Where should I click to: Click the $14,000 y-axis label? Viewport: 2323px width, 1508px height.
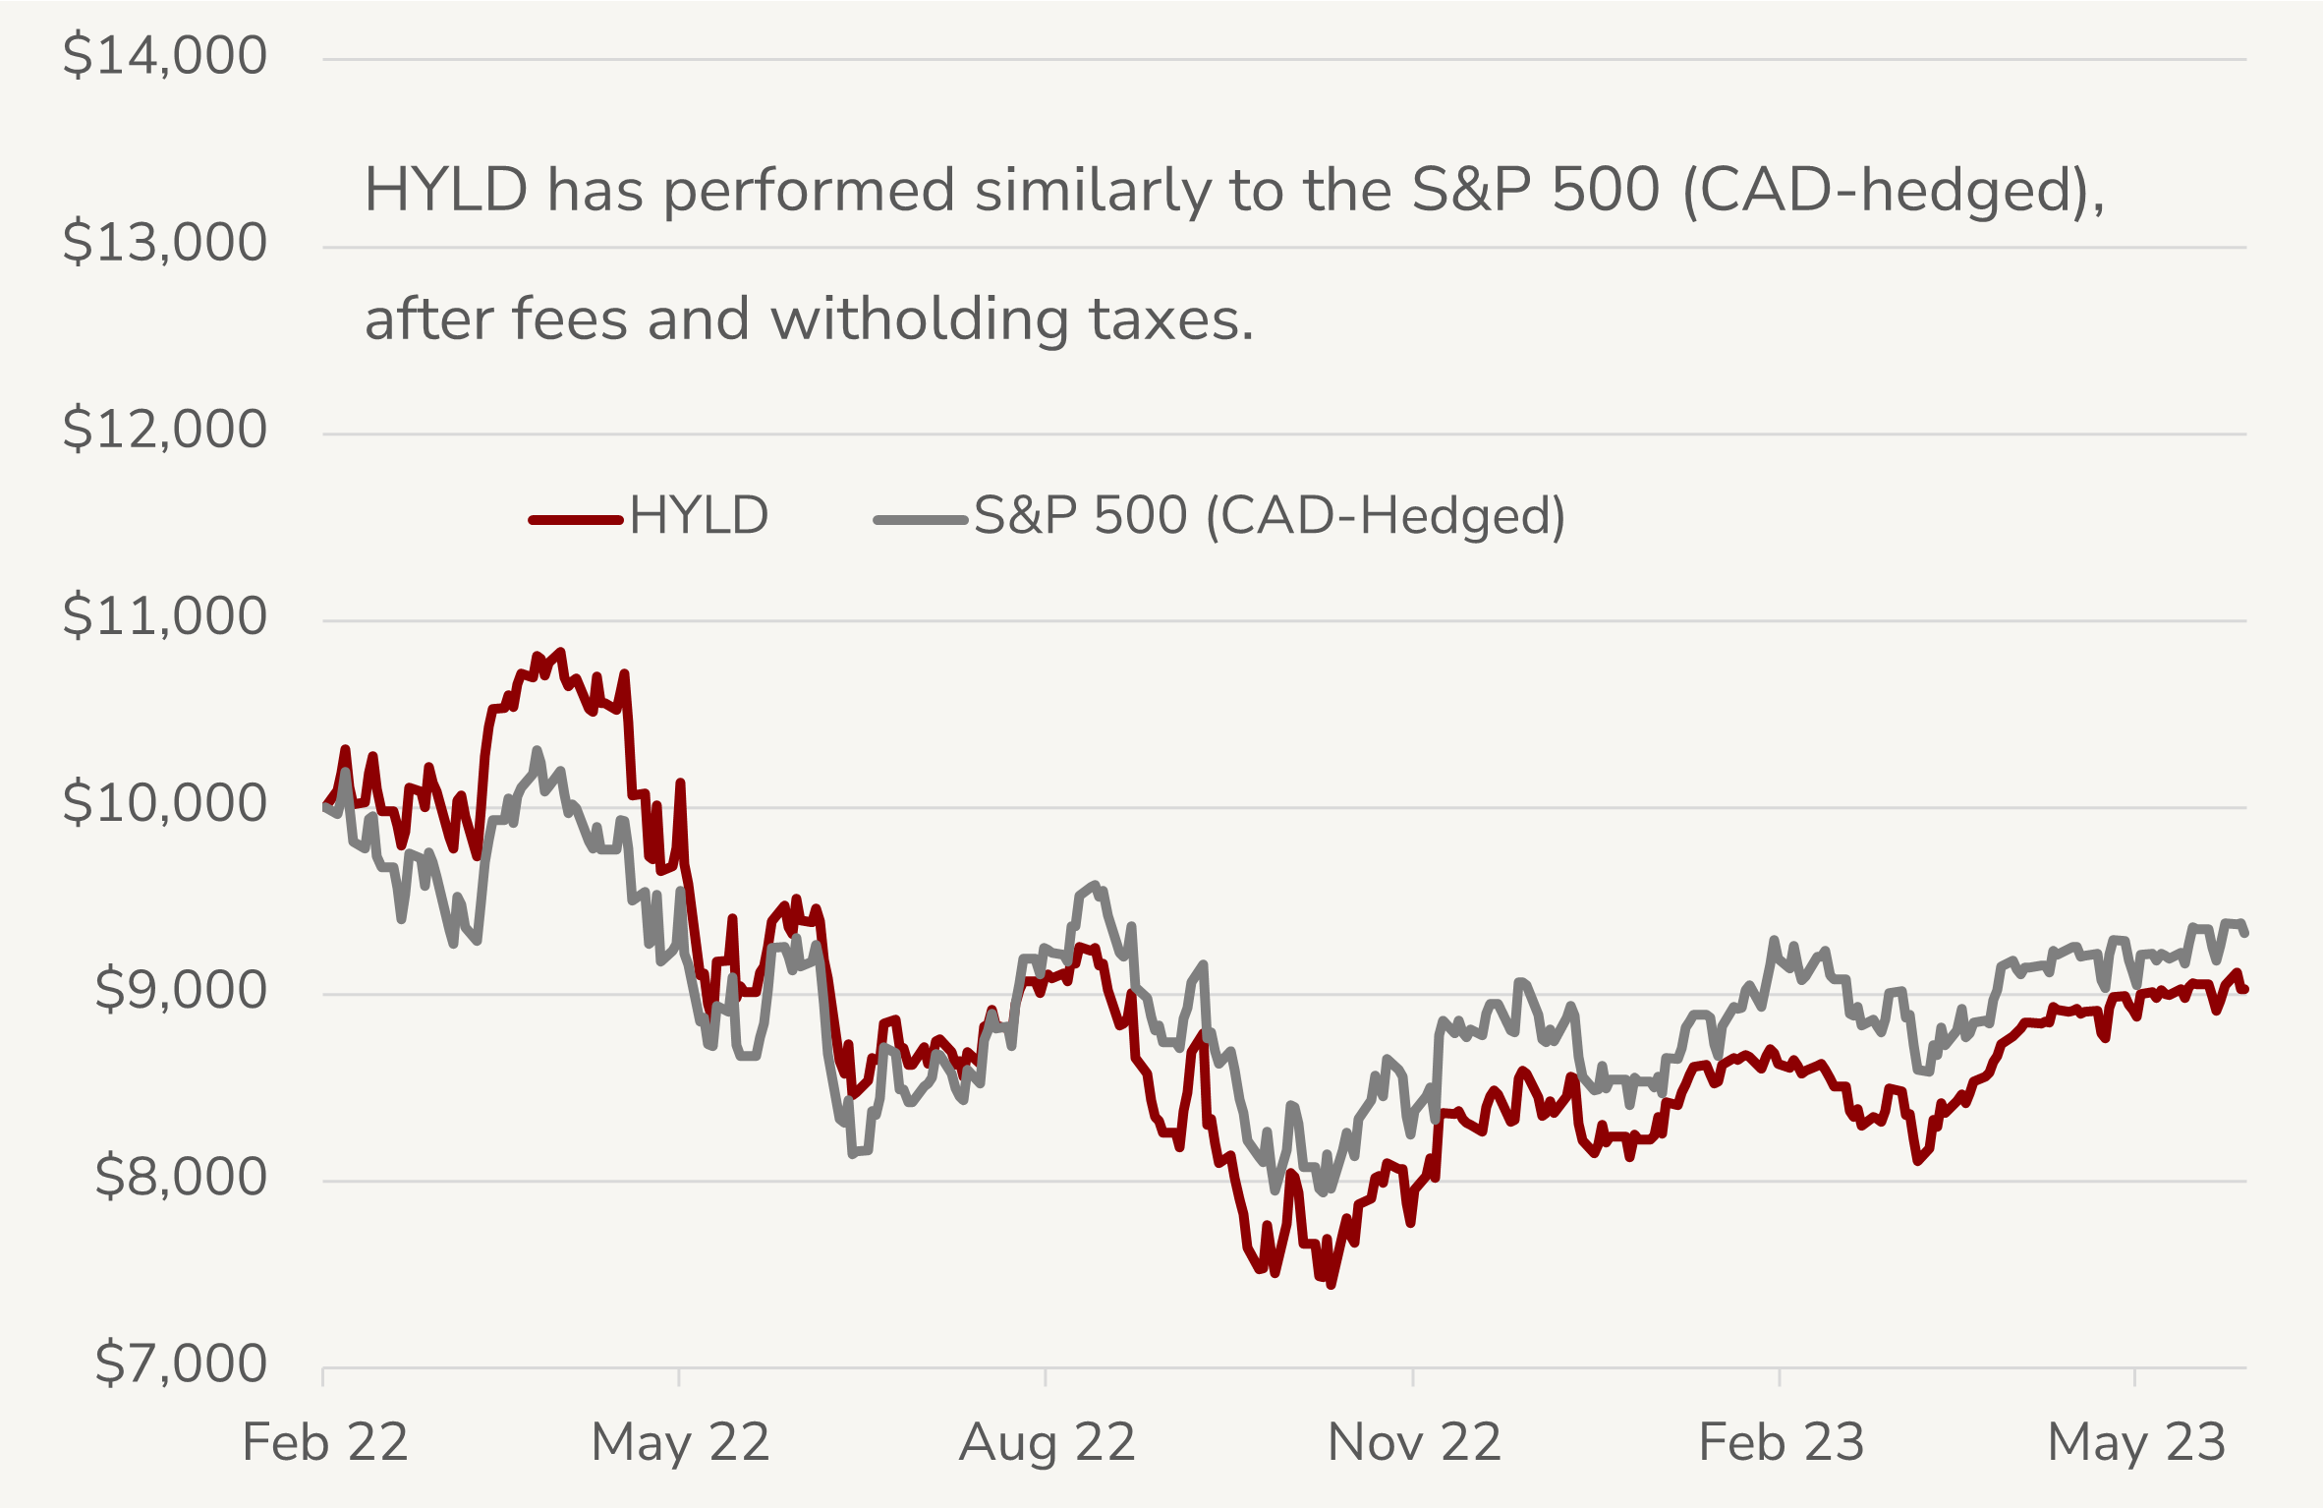[164, 55]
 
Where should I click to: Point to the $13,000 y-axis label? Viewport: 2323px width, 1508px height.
[164, 242]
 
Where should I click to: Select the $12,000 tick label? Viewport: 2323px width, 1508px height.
[164, 429]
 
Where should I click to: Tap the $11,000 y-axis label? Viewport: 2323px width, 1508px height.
[164, 616]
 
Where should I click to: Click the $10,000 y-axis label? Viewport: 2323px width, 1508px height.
[164, 803]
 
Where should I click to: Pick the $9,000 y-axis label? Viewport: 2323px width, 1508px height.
[180, 990]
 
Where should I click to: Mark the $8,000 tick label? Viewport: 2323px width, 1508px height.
[180, 1177]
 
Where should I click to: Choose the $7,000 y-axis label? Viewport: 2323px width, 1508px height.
[180, 1363]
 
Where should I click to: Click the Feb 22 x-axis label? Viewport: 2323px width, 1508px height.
[325, 1443]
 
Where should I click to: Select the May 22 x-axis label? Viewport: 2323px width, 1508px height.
[680, 1443]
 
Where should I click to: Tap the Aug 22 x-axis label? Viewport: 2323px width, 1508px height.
[1048, 1443]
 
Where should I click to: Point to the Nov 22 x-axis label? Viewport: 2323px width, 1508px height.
[1414, 1443]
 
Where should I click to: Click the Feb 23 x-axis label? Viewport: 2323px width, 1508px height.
[1782, 1443]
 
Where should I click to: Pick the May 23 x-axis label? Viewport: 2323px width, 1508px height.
[2136, 1443]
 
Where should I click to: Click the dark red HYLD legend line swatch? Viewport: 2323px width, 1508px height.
[577, 519]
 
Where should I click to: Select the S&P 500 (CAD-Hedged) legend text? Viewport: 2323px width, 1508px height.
[1269, 516]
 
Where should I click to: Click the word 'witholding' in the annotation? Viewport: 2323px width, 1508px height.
[920, 319]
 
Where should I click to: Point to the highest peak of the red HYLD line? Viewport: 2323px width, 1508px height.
[561, 652]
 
